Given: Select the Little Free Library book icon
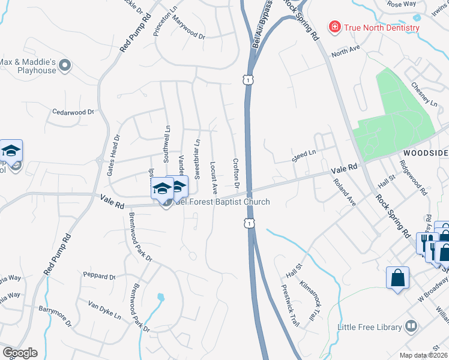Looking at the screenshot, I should (x=411, y=327).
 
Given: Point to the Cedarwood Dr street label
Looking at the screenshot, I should (x=74, y=112).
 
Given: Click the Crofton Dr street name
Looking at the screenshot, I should (x=236, y=174).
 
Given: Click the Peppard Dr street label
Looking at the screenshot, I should (x=99, y=276).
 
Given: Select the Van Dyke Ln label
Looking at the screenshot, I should (x=104, y=310).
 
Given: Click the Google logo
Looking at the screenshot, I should (x=19, y=352).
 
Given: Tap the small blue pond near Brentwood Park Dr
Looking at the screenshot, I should (x=160, y=296).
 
